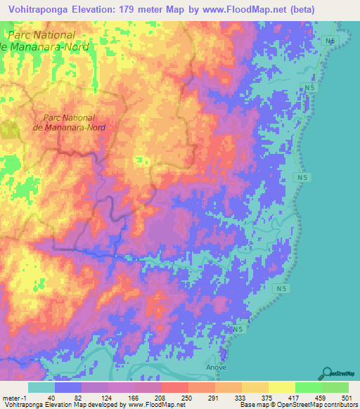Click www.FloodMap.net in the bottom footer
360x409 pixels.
158,404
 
